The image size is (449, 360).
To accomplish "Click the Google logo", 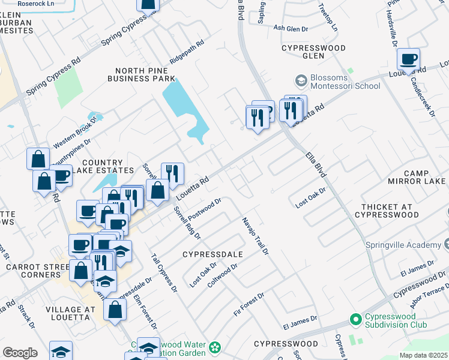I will [20, 353].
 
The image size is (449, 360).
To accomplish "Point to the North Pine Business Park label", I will [141, 74].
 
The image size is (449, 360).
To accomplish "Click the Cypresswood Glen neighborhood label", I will [313, 52].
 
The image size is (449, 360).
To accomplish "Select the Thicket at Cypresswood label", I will [387, 210].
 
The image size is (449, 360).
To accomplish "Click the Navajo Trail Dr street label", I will [255, 236].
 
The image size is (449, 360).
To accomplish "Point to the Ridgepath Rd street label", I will [187, 52].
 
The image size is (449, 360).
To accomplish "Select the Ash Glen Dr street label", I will [291, 28].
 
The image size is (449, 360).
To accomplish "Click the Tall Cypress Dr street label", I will [164, 272].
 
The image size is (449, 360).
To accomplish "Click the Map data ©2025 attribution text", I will [423, 355].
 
